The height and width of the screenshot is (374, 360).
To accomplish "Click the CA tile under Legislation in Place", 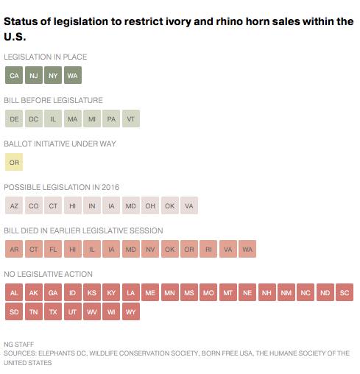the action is [14, 75].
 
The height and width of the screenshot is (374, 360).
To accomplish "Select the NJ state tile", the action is [34, 75].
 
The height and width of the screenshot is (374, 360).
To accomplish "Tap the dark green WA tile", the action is [73, 75].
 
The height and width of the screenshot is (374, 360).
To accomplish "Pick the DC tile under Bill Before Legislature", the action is [34, 119].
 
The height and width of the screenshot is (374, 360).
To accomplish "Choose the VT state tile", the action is [131, 119].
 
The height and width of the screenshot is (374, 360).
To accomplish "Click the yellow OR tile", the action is [14, 162].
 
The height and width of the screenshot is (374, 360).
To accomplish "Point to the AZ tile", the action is [14, 205].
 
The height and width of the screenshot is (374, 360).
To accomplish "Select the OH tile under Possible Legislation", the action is [150, 205].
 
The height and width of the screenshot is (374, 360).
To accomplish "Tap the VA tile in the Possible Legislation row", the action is [189, 205].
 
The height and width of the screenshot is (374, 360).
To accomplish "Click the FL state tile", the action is [53, 249].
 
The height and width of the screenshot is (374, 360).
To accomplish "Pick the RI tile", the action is [208, 249].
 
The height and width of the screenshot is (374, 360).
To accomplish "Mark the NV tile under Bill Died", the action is [150, 249].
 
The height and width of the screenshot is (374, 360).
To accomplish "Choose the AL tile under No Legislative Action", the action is [14, 292].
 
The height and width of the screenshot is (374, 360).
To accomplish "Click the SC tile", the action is [345, 292].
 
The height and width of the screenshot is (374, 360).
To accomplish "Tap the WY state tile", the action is [131, 311].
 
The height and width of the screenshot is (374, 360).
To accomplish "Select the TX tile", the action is [53, 311].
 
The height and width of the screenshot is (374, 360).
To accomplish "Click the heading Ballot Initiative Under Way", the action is [60, 144].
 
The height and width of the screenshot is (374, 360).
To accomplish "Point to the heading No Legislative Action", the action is [48, 274].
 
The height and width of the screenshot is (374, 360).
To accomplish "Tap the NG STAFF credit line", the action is [19, 345].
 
